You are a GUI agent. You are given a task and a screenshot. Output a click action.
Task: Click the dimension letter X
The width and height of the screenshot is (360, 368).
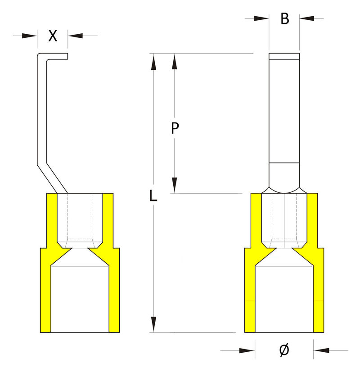click(53, 36)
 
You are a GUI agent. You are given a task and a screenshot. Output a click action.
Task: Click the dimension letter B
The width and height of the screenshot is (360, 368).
click(285, 18)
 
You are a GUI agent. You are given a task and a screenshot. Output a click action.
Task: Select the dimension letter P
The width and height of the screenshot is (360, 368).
click(175, 128)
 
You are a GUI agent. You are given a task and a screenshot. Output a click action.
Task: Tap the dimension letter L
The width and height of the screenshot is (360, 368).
click(153, 196)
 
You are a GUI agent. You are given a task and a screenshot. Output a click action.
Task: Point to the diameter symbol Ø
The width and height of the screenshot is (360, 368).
click(284, 350)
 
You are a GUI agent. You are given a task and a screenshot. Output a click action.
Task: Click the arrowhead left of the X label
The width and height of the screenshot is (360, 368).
click(29, 36)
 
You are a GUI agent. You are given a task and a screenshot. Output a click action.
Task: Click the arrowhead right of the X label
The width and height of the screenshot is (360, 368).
click(75, 36)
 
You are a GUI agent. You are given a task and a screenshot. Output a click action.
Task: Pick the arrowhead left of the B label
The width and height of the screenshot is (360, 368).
click(261, 18)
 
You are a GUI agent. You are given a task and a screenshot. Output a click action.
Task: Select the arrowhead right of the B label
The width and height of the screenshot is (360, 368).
click(307, 18)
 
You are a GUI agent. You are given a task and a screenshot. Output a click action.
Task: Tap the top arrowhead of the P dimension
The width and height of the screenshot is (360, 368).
click(174, 62)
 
